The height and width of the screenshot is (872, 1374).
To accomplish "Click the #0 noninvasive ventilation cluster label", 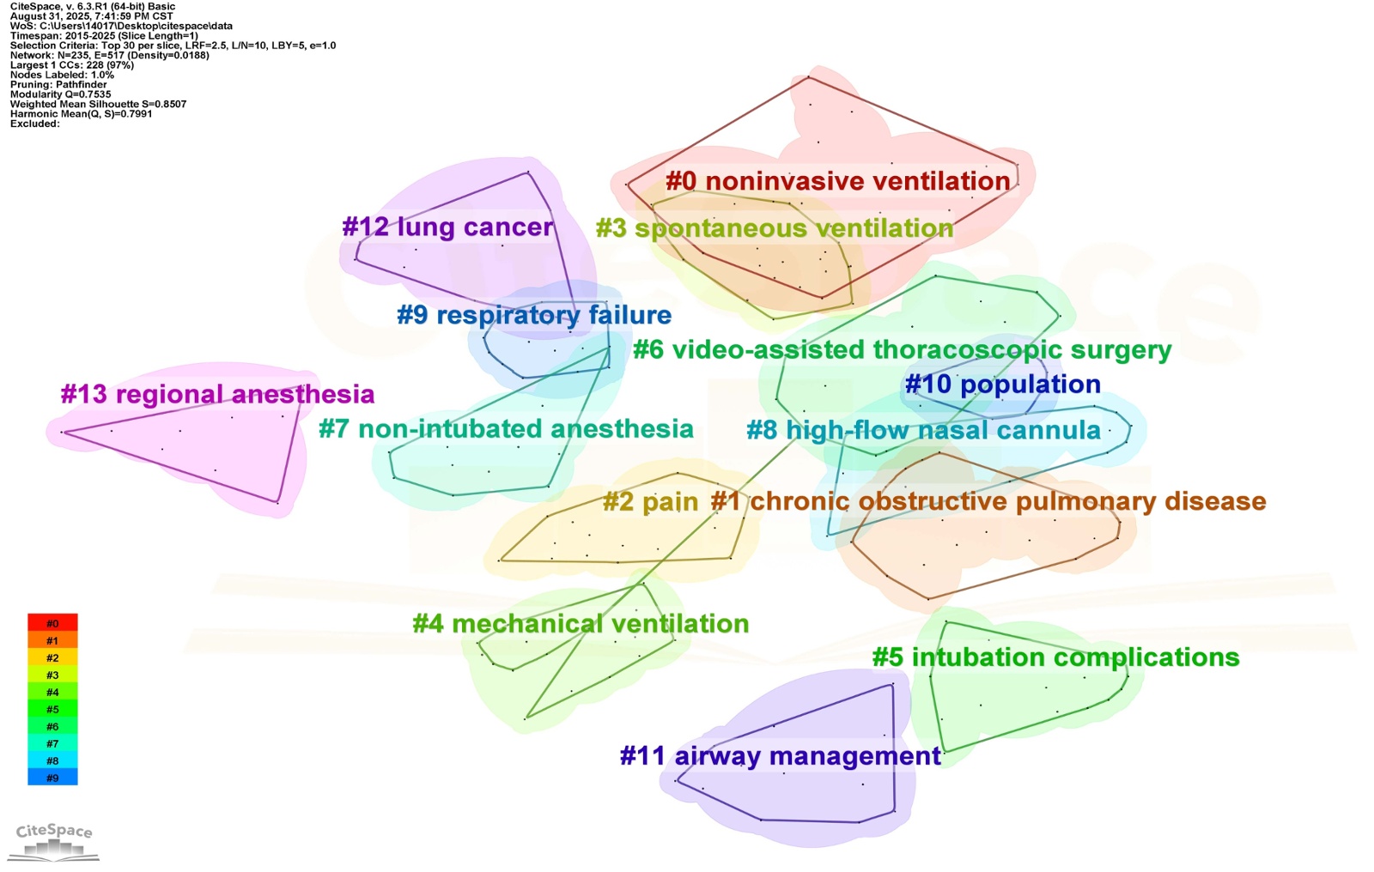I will [837, 181].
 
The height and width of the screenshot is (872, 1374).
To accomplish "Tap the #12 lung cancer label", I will [447, 227].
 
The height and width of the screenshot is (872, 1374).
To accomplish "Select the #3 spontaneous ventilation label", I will [775, 228].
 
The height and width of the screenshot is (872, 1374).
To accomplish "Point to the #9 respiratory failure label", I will [534, 315].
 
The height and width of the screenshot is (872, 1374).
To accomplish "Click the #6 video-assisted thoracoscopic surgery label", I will [902, 350].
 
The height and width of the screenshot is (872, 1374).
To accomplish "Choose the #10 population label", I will [1002, 384].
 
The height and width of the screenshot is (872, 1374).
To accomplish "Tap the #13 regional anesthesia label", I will [217, 394].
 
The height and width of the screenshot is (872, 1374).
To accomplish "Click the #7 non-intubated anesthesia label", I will [506, 428].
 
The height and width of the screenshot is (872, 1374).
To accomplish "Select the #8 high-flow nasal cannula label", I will [923, 430].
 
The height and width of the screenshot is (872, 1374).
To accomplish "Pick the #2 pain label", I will [650, 501].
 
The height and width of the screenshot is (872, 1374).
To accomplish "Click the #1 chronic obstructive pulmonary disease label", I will [988, 501].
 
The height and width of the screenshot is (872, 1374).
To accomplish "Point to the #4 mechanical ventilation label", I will [581, 623].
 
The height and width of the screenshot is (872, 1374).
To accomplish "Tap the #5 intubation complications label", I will [1055, 657].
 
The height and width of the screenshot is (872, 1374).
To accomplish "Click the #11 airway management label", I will [780, 756].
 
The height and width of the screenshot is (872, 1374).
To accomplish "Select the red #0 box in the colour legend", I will [52, 623].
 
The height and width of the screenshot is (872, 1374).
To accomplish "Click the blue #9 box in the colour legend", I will [52, 778].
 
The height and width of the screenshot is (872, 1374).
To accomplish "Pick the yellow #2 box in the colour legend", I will [52, 657].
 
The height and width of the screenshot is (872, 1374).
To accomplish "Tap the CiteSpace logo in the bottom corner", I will [54, 841].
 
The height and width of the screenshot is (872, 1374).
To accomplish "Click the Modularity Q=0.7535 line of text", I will [60, 94].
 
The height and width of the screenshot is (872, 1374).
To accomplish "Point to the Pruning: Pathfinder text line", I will [58, 85].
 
